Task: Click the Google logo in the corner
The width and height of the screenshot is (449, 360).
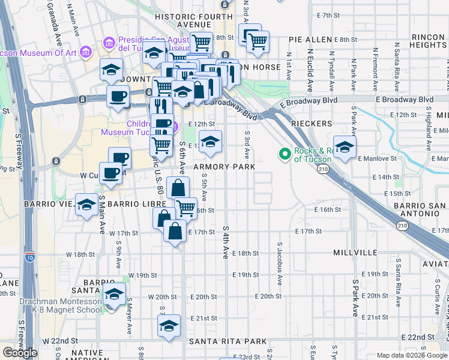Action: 20,353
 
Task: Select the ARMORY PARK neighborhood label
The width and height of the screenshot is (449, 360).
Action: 224,166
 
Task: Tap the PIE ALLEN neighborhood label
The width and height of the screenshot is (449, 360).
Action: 310,40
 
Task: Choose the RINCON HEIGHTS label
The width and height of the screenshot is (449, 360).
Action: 429,41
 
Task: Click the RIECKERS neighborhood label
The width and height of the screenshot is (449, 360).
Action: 312,123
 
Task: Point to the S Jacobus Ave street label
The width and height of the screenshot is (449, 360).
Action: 279,259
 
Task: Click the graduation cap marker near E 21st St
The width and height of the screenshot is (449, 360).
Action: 169,326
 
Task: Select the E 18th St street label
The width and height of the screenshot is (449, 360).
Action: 244,254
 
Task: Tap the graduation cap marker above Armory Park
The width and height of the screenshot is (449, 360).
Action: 209,142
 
